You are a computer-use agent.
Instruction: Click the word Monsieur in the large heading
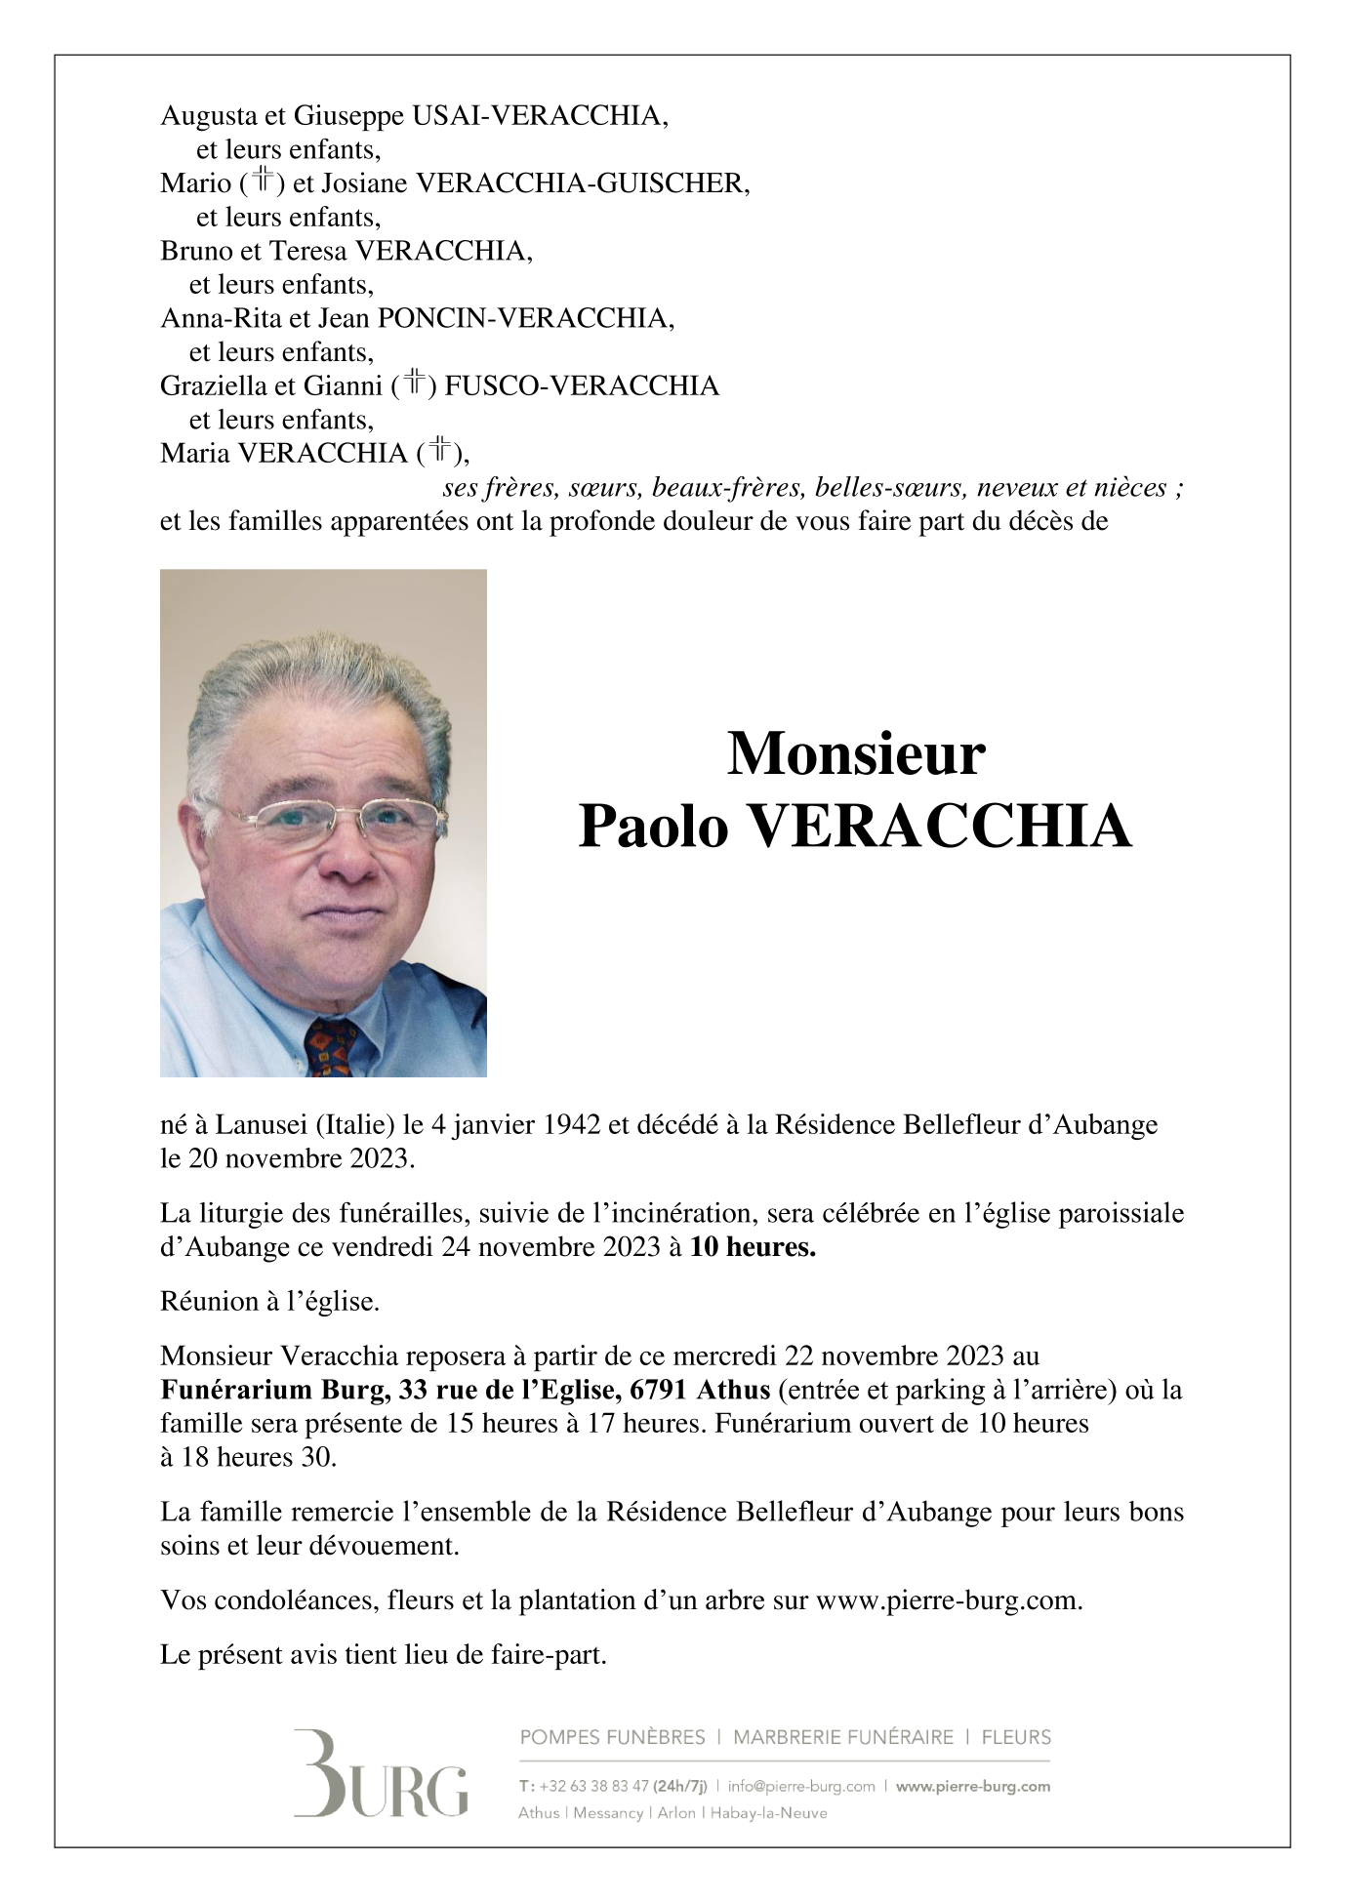[x=856, y=754]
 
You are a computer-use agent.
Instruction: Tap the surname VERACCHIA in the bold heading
[x=939, y=828]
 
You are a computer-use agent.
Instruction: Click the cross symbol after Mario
[x=262, y=181]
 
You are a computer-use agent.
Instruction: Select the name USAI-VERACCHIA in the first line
[x=540, y=116]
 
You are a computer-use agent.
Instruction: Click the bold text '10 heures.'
[x=752, y=1247]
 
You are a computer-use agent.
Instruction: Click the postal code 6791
[x=662, y=1390]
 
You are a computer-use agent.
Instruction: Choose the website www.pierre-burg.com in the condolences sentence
[x=948, y=1601]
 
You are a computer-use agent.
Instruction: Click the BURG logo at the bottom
[x=381, y=1785]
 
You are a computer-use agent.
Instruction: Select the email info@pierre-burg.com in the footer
[x=801, y=1787]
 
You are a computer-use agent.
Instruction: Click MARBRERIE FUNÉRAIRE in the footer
[x=842, y=1737]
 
